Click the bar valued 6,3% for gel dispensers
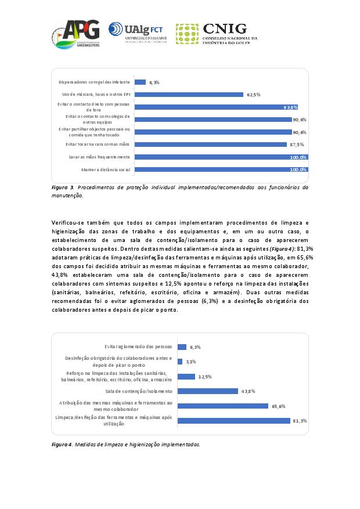[140, 82]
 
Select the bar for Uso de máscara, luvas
[189, 95]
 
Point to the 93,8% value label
[290, 107]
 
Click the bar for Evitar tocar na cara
[210, 145]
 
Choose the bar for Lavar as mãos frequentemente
[221, 157]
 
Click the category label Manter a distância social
[106, 169]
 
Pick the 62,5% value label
[253, 95]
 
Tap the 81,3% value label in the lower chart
[300, 421]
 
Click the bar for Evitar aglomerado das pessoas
[182, 347]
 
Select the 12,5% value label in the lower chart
[204, 377]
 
